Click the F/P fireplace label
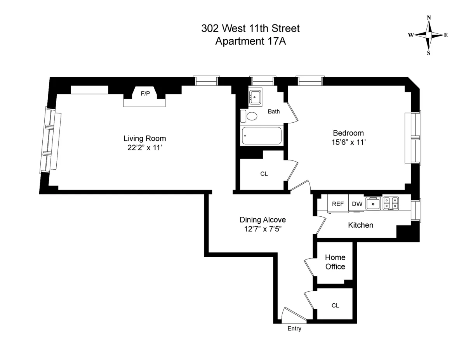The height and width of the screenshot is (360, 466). pos(145,93)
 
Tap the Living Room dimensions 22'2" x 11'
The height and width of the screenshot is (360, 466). pos(145,147)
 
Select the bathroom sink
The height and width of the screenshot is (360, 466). pos(255,97)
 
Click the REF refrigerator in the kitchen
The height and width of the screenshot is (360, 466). pos(337,204)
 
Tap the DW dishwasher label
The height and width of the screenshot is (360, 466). pos(357,204)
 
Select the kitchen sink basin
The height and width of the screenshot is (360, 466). pos(374,203)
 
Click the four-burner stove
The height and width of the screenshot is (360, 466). pos(391,203)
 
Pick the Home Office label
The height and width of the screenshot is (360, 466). pos(335,262)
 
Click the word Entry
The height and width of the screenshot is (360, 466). pos(294,329)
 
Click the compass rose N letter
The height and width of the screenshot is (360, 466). pos(429,17)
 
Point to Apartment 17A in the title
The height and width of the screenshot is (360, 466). pos(250,41)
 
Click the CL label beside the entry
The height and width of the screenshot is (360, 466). pos(335,306)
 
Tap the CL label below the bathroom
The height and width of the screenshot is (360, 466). pos(264,174)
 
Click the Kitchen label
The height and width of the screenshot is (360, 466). pos(360,225)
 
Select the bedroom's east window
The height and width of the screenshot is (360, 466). pos(414,137)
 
